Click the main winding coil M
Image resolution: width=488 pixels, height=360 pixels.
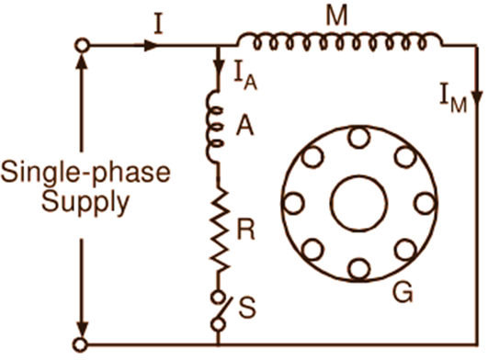339,40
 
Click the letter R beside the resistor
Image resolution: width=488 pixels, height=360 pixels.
246,229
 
